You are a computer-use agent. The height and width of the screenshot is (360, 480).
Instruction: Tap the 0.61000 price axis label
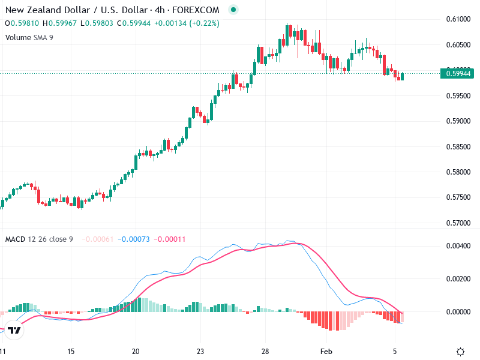pyautogui.click(x=458, y=19)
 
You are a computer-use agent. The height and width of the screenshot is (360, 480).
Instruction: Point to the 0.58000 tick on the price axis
pyautogui.click(x=458, y=172)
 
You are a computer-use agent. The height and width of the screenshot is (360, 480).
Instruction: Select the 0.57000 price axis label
pyautogui.click(x=458, y=223)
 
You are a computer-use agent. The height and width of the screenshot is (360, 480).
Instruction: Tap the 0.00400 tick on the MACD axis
pyautogui.click(x=458, y=246)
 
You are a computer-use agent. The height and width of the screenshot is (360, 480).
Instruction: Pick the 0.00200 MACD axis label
pyautogui.click(x=458, y=279)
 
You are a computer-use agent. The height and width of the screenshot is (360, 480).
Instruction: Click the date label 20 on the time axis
pyautogui.click(x=136, y=352)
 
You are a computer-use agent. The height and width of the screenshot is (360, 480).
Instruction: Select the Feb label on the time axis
pyautogui.click(x=326, y=352)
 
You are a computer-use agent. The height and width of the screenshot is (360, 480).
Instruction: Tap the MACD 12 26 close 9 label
pyautogui.click(x=39, y=239)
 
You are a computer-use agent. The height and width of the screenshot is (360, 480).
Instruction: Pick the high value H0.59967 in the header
pyautogui.click(x=61, y=23)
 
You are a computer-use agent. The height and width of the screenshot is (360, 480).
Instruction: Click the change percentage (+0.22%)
pyautogui.click(x=206, y=23)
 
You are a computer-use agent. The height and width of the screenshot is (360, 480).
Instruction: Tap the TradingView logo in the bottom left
pyautogui.click(x=14, y=331)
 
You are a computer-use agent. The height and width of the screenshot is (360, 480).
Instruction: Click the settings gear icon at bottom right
pyautogui.click(x=460, y=352)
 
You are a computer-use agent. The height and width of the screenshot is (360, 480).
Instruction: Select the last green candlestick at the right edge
pyautogui.click(x=402, y=76)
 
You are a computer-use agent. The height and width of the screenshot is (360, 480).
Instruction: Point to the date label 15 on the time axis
pyautogui.click(x=71, y=352)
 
